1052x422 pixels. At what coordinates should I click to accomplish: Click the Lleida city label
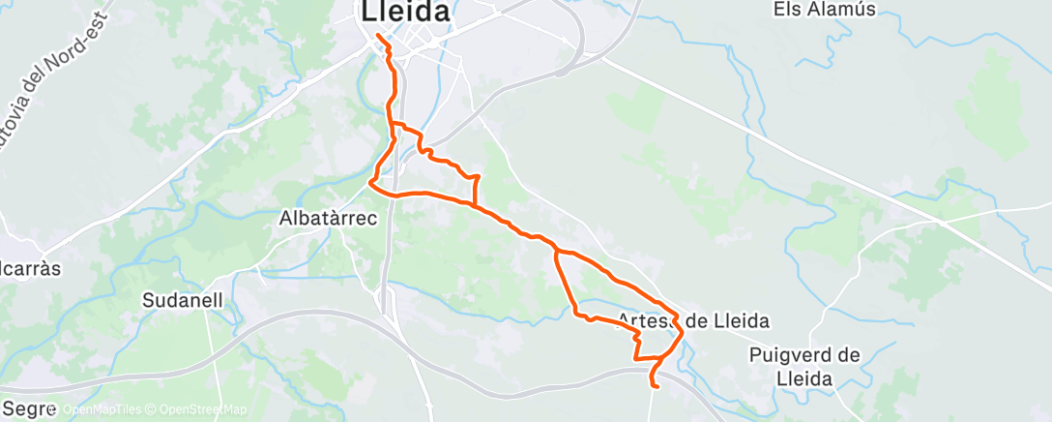click(x=406, y=13)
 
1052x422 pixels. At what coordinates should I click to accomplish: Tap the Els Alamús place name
click(x=825, y=10)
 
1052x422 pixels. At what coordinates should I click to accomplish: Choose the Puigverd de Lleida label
click(x=804, y=367)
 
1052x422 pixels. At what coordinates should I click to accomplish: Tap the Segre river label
click(x=27, y=409)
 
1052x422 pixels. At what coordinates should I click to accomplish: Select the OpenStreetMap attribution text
click(x=197, y=410)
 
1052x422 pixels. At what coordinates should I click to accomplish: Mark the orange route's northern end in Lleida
click(x=376, y=36)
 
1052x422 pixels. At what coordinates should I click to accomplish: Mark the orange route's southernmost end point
click(x=656, y=386)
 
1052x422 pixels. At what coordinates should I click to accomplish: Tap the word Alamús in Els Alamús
click(x=843, y=10)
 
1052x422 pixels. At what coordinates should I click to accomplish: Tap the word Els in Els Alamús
click(x=788, y=10)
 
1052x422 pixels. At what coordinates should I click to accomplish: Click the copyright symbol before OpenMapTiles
click(x=56, y=410)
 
